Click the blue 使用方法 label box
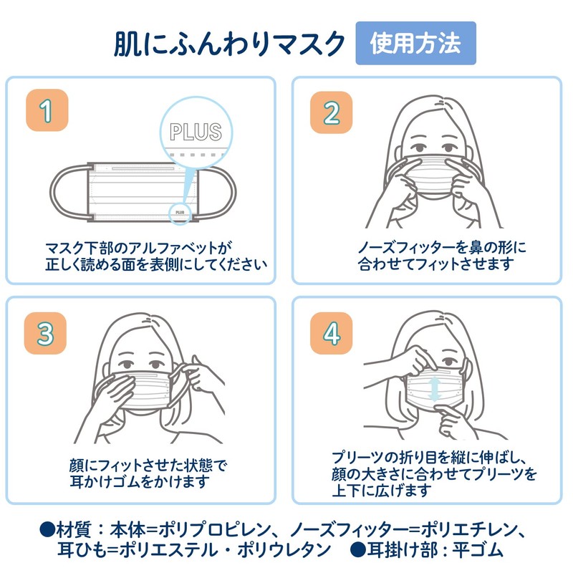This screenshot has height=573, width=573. [x=415, y=43]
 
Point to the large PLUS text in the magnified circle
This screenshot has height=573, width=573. [x=195, y=131]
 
